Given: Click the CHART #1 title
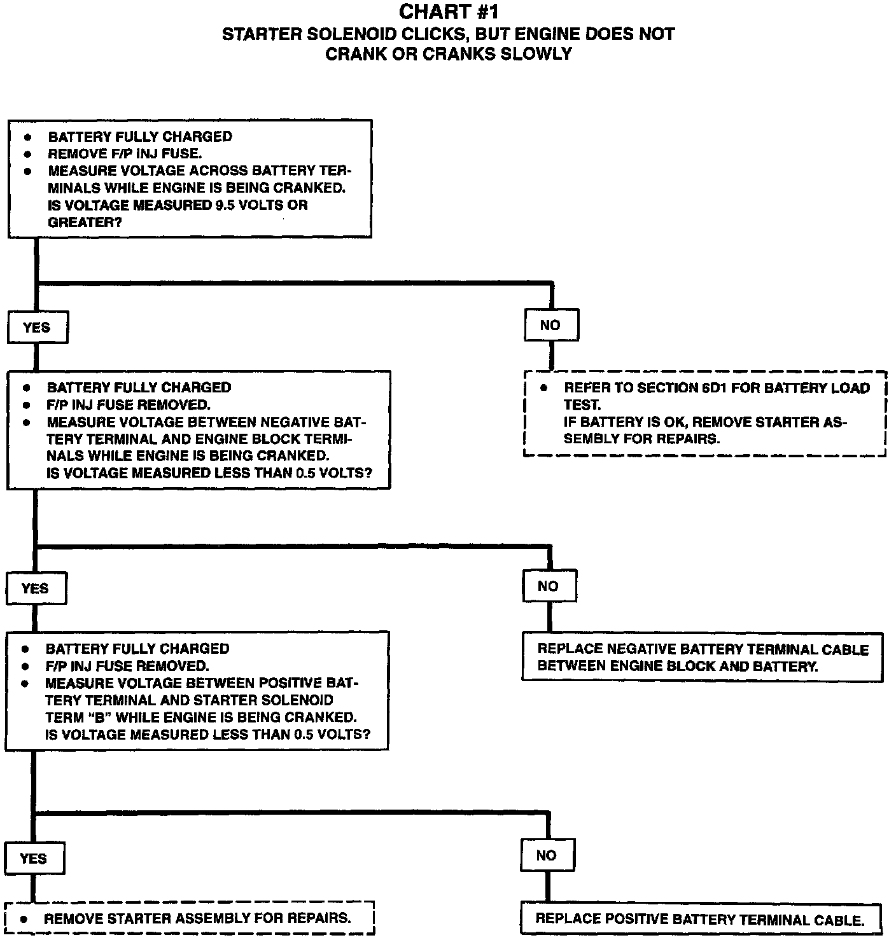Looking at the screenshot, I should (448, 12).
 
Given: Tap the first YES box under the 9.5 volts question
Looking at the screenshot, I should (37, 328).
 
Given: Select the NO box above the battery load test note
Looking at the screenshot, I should (550, 326).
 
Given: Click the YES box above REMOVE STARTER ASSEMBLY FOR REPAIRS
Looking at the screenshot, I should (34, 859).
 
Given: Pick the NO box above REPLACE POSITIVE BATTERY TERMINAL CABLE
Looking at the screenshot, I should (547, 856).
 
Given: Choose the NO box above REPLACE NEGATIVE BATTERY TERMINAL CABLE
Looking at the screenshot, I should (549, 586).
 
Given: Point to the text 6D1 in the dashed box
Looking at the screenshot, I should (715, 388).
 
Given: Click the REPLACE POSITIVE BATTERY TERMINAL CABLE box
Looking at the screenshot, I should (701, 919).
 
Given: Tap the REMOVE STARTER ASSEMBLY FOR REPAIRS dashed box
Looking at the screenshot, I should (189, 918).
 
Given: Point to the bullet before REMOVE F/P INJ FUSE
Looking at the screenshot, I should (27, 154).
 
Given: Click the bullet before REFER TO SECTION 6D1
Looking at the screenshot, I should (543, 388).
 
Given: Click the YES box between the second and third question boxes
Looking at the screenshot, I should (36, 588).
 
